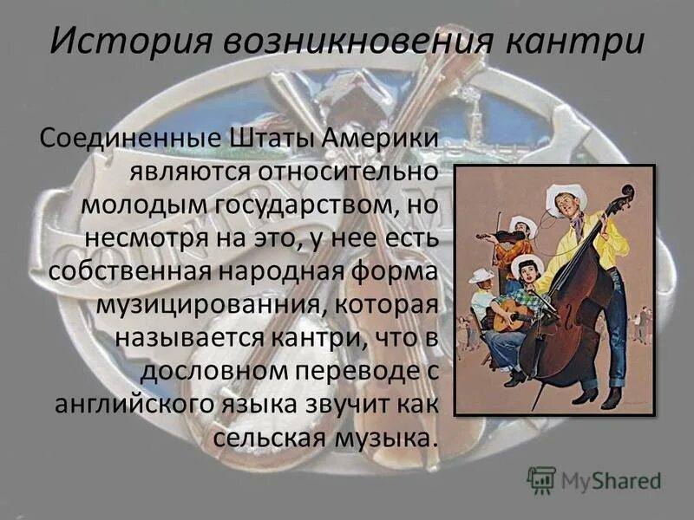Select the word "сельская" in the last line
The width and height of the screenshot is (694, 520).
coord(268,438)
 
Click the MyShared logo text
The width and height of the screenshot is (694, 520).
coord(611,479)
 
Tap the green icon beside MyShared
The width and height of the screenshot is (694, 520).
coord(542,479)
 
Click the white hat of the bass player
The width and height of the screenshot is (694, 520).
coord(566,197)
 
